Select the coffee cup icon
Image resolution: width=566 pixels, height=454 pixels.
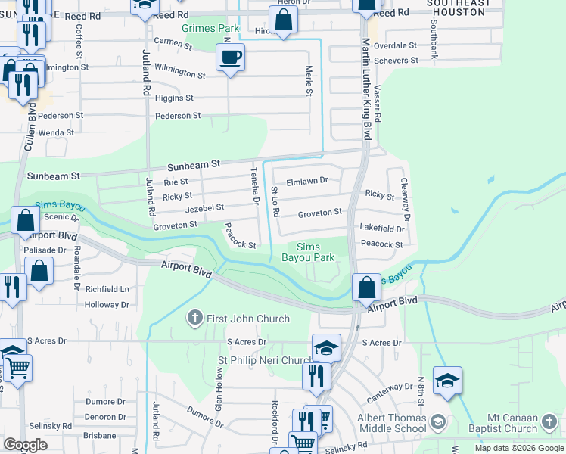click(230, 56)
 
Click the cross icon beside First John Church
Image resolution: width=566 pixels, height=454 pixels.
click(195, 319)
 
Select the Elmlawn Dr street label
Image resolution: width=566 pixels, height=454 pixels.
click(307, 181)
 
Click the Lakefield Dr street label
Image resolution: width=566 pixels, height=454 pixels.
click(382, 228)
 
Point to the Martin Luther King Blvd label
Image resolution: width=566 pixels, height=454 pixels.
click(366, 89)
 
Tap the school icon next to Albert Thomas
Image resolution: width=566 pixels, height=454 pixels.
click(438, 421)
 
